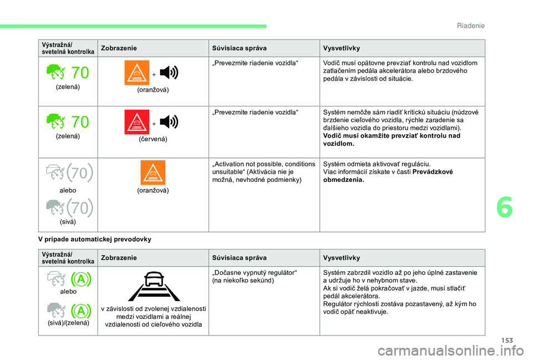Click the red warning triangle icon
pos(137,122)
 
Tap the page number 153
pos(507,340)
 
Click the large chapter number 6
pos(505,207)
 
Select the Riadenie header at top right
pos(471,26)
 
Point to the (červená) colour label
pos(153,139)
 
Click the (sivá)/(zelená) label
pos(68,323)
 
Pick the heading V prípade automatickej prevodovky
pos(95,239)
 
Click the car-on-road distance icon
pos(154,286)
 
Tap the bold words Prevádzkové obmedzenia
pos(388,176)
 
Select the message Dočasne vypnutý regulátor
pos(254,273)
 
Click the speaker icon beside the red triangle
pos(169,121)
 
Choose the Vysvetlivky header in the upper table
pos(341,48)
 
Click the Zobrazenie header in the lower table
pos(119,258)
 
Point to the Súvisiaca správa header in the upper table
pos(239,48)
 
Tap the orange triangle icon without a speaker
pos(153,173)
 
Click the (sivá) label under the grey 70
pos(68,222)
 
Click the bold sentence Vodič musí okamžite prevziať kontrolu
pos(391,140)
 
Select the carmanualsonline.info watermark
pos(450,351)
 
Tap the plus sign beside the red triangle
pos(154,124)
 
